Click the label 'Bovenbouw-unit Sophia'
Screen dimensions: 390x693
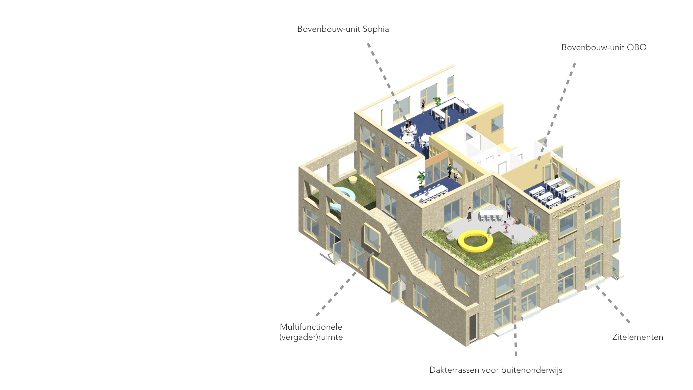coord(343,29)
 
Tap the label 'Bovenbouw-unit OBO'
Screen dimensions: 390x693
coord(603,48)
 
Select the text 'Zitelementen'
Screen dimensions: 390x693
coord(637,337)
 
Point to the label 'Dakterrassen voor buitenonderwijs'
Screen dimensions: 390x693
coord(496,370)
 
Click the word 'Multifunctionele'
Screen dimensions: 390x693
coord(311,327)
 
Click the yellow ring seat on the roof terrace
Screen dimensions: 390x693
coord(475,241)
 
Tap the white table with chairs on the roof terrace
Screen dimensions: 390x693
coord(491,214)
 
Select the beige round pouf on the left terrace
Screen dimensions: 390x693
coord(100,179)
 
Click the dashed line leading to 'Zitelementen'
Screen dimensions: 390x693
coord(613,304)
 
